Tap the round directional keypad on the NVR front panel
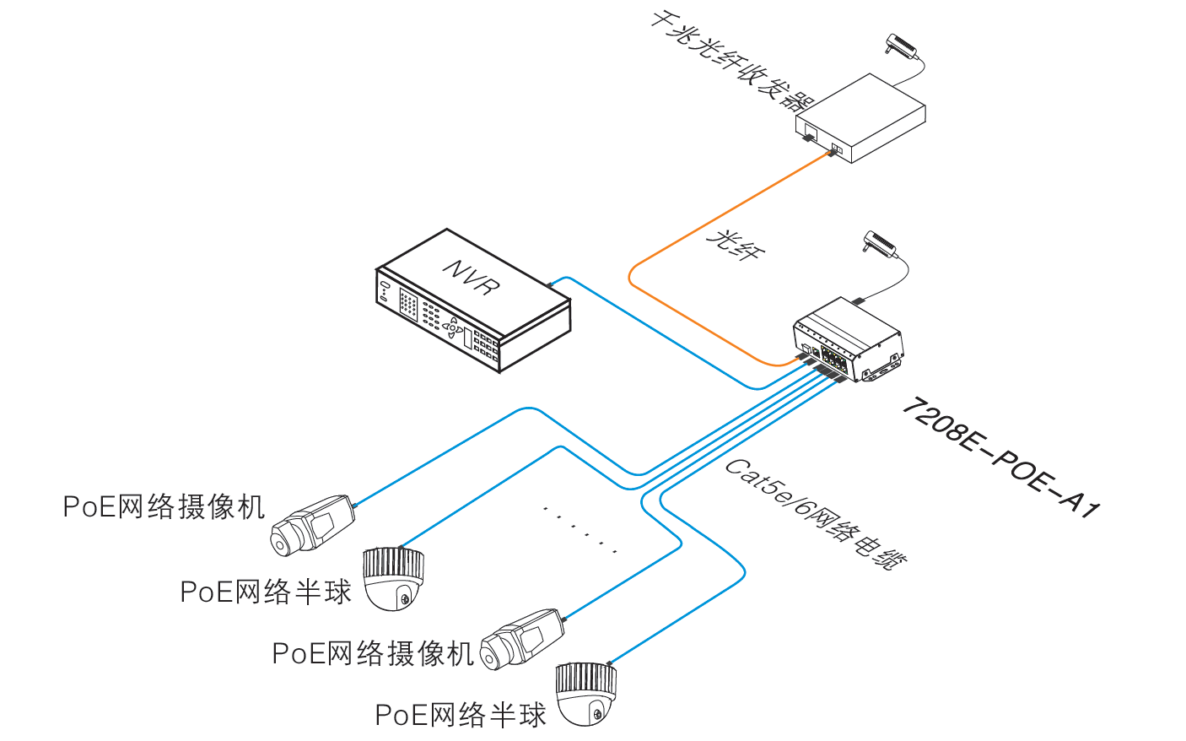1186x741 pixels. [453, 327]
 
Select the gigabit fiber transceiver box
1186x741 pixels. [860, 117]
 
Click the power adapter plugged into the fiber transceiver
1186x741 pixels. [901, 46]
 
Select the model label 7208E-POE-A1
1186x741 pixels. [1000, 457]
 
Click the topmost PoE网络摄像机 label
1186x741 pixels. [164, 506]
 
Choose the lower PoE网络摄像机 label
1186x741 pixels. [373, 653]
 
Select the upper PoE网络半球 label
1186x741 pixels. [266, 592]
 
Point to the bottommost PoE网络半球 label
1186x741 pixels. [461, 715]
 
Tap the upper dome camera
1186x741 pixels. [393, 577]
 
